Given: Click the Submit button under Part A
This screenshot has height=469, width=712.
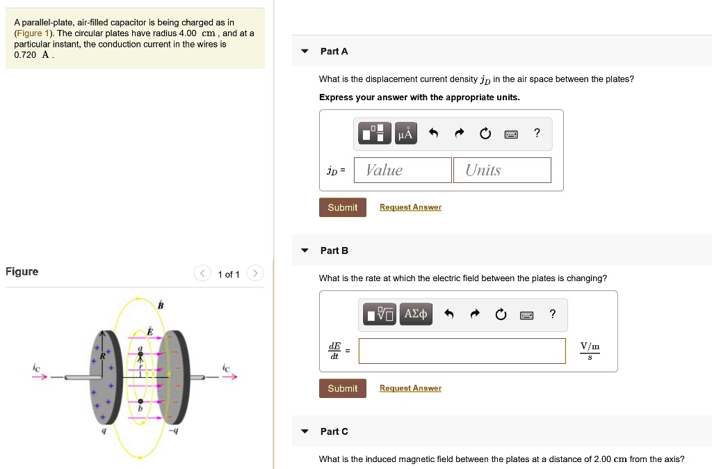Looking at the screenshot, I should [342, 207].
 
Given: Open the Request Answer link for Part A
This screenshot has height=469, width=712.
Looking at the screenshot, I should [410, 207].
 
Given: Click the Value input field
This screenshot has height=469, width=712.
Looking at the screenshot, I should [403, 170].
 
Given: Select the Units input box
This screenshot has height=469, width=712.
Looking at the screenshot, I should [502, 170].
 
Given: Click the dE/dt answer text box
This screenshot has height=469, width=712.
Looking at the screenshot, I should [462, 351].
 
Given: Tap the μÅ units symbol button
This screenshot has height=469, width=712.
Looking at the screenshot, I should [406, 133].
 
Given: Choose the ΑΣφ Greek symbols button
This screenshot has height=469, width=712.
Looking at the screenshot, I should [416, 314].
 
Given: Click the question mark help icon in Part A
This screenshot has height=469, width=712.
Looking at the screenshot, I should [536, 133].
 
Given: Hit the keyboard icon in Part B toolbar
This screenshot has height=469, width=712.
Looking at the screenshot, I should [526, 315].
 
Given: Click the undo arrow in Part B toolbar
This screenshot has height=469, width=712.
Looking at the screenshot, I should [448, 315].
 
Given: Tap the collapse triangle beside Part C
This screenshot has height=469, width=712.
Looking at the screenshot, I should [305, 431].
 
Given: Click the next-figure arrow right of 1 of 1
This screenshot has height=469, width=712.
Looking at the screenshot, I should [255, 273].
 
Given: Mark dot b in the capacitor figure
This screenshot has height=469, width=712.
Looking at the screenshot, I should [140, 402].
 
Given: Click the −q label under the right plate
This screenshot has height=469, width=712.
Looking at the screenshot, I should [175, 431].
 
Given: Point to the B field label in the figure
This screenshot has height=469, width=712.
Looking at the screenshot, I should [161, 305].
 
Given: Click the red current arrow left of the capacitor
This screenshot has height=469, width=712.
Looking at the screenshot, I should [39, 377].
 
